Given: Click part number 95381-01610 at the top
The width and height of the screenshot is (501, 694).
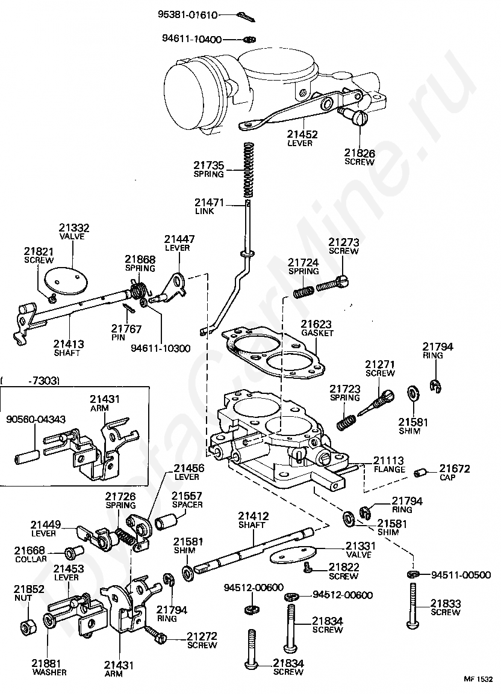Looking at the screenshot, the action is pyautogui.click(x=188, y=15).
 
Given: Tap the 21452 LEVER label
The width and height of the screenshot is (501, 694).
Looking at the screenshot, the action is pyautogui.click(x=302, y=138).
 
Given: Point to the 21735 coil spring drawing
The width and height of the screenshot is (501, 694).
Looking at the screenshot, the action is pyautogui.click(x=248, y=170).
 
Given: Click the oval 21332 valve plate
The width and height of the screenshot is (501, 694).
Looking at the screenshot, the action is pyautogui.click(x=67, y=280).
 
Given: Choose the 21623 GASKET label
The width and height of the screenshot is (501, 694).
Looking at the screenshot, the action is pyautogui.click(x=317, y=328).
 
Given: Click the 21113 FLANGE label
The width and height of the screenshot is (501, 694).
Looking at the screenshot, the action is pyautogui.click(x=389, y=465).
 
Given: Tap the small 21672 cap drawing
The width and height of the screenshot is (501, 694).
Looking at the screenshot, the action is pyautogui.click(x=420, y=472).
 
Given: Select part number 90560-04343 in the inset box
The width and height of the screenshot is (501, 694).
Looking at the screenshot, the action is pyautogui.click(x=36, y=419).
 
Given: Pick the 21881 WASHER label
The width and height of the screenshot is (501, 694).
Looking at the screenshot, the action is pyautogui.click(x=49, y=668).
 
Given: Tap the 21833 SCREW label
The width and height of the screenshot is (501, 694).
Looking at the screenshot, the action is pyautogui.click(x=446, y=607).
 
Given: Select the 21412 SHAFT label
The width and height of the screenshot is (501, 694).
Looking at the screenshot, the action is pyautogui.click(x=253, y=520).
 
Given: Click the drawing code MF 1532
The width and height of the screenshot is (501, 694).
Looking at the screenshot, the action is pyautogui.click(x=478, y=679).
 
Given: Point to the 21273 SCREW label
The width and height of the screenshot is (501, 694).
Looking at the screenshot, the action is pyautogui.click(x=344, y=246).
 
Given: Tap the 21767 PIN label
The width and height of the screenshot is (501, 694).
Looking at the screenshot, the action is pyautogui.click(x=126, y=333).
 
